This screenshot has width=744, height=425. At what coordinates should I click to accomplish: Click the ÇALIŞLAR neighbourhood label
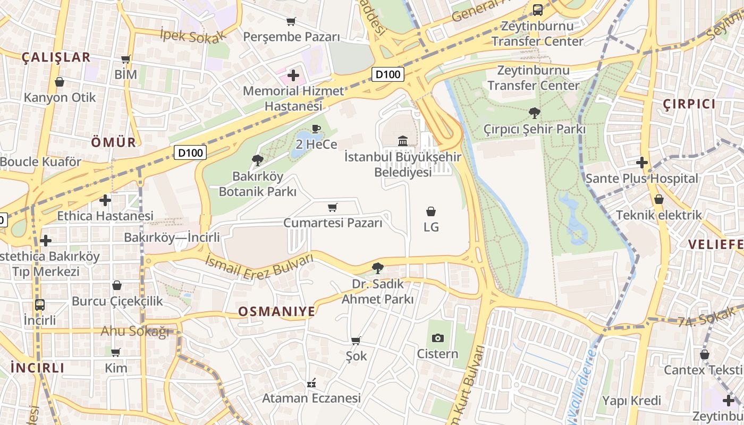(x=56, y=57)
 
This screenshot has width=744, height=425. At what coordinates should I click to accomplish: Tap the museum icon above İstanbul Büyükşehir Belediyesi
(x=403, y=141)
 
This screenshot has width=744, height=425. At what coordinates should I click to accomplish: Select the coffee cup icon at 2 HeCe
(x=316, y=129)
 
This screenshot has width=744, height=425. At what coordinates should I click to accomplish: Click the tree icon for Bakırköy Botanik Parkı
(x=258, y=160)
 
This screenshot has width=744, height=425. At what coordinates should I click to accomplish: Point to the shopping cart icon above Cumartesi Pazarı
(x=333, y=207)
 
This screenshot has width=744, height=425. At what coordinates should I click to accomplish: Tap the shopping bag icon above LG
(x=431, y=211)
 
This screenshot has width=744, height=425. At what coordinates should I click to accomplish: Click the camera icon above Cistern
(x=437, y=338)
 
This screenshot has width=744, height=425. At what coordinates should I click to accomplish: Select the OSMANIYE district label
(x=276, y=311)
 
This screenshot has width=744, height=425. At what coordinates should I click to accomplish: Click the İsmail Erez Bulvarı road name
(x=259, y=266)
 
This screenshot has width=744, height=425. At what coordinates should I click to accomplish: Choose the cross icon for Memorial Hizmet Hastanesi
(x=293, y=75)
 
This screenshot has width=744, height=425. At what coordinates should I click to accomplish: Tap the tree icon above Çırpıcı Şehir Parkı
(x=535, y=113)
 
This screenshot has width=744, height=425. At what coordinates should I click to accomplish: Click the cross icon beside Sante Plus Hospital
(x=642, y=163)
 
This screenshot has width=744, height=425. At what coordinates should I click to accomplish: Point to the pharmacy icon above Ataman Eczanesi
(x=311, y=382)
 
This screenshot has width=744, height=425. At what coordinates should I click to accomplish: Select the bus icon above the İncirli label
(x=40, y=305)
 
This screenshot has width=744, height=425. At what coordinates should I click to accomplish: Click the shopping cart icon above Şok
(x=356, y=341)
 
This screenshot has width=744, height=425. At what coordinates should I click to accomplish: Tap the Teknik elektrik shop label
(x=658, y=215)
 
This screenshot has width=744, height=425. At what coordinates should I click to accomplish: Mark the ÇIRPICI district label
(x=689, y=104)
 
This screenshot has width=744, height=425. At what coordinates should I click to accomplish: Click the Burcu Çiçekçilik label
(x=117, y=301)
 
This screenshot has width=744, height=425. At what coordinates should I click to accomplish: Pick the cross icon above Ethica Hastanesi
(x=105, y=200)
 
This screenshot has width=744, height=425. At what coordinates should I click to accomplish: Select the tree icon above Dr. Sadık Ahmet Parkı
(x=377, y=268)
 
